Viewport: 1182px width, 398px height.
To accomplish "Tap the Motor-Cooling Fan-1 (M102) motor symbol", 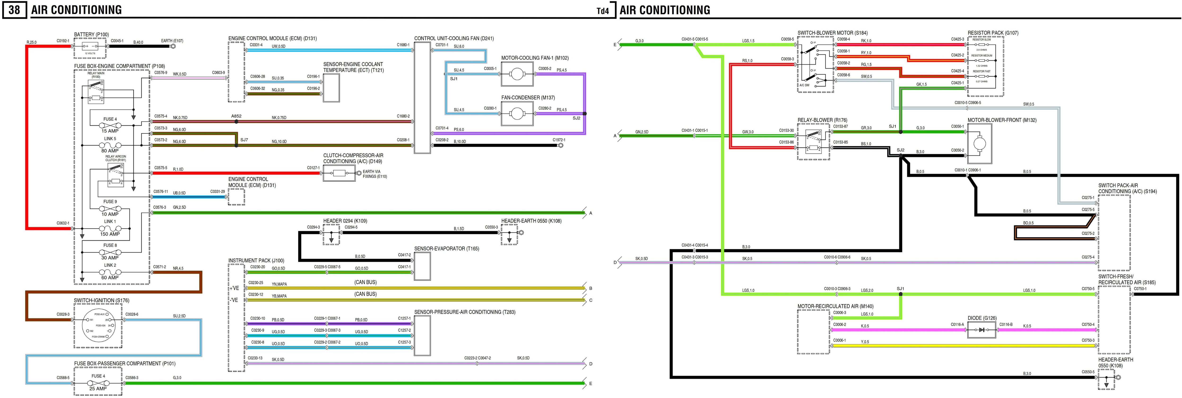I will coord(517,74).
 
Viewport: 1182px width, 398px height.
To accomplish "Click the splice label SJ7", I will coord(244,140).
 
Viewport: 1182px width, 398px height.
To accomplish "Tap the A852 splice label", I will coord(236,116).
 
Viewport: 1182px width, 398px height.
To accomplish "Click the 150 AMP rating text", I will coord(110,234).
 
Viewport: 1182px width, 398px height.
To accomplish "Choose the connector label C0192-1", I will coord(63,41).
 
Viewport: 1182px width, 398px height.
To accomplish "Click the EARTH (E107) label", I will coord(172,41).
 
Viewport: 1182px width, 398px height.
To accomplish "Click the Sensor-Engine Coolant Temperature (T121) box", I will coord(331,87).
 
